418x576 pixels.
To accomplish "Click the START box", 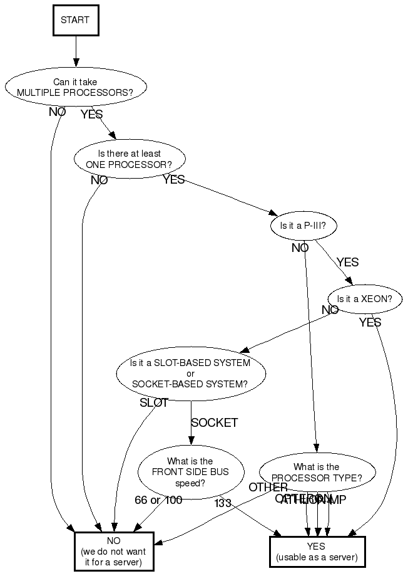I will click(75, 19).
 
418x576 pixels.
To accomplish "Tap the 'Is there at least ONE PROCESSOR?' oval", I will click(130, 159).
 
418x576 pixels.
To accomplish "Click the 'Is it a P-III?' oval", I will click(303, 226).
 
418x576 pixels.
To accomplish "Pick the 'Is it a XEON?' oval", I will click(365, 299).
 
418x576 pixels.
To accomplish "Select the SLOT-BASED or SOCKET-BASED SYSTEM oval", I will click(191, 374).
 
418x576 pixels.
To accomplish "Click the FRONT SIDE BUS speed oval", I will click(190, 472).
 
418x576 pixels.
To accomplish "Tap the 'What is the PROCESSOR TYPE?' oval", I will click(316, 473).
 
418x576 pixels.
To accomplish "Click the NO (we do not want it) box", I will click(113, 551).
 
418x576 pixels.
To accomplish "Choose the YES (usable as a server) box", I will click(317, 552).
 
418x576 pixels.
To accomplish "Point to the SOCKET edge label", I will click(215, 423).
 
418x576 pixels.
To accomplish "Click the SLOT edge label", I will click(154, 403).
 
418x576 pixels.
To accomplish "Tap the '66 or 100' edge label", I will click(159, 500).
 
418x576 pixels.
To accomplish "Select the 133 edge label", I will click(223, 503).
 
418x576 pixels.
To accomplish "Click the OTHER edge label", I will click(268, 488).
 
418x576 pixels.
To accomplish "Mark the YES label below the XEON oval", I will click(370, 323).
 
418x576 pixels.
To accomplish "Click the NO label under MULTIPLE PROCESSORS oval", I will click(58, 112).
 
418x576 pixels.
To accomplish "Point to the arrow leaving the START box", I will click(76, 50).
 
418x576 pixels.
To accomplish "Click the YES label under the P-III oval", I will click(347, 262).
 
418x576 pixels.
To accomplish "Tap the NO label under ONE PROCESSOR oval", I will click(99, 181).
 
